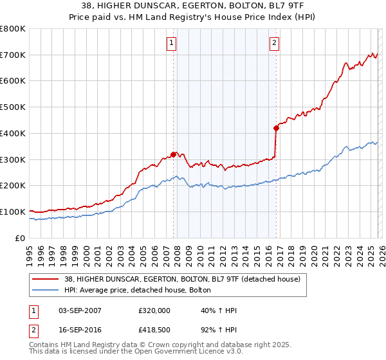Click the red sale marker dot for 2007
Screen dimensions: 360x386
tap(173, 154)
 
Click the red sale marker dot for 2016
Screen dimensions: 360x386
tap(276, 128)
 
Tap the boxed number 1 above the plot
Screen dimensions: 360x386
tap(172, 43)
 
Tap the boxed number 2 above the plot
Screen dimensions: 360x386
tap(274, 43)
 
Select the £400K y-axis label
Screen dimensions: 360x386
tap(13, 134)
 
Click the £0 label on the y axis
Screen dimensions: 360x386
tap(20, 238)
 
